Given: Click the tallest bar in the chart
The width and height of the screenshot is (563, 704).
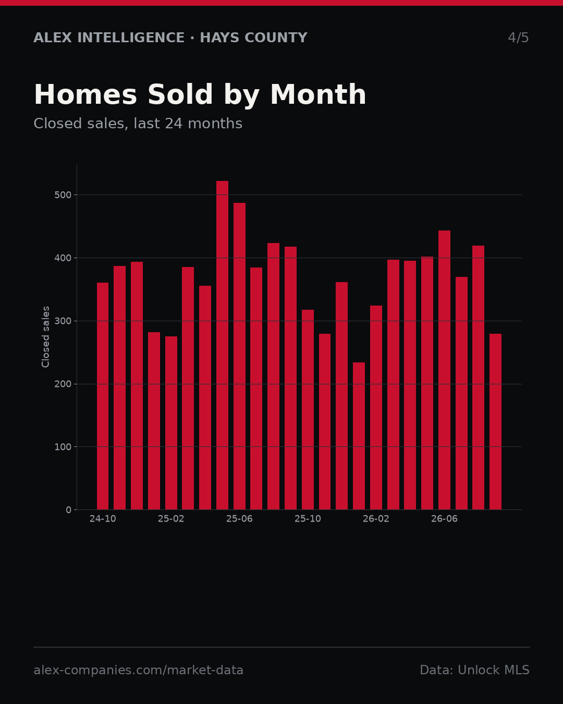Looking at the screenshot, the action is click(222, 345).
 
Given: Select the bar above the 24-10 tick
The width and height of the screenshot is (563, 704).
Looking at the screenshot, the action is click(102, 396).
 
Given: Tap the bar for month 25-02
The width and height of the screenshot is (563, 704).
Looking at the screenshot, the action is click(171, 423).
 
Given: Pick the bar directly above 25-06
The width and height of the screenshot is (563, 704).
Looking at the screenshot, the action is click(239, 356).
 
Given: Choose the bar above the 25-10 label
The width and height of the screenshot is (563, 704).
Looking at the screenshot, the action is click(308, 409).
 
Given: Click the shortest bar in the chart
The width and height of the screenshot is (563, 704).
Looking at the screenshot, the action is click(359, 436).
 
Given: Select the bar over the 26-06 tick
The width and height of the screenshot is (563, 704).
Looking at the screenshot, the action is click(444, 370).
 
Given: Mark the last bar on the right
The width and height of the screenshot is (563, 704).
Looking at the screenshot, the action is click(495, 422).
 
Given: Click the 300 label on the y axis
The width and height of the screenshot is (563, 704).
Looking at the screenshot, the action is click(63, 321).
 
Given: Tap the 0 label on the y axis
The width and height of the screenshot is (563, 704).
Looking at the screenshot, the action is click(68, 510).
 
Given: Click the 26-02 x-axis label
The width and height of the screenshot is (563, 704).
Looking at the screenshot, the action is click(376, 519).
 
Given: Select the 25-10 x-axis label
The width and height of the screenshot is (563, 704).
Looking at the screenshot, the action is click(308, 519).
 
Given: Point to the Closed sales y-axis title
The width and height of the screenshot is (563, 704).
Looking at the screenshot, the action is click(45, 337).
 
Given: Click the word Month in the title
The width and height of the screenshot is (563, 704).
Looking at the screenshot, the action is click(318, 94).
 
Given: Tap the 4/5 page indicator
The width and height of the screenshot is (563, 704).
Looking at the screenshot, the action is click(518, 38).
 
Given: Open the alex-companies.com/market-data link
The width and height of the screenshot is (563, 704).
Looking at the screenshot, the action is click(138, 670).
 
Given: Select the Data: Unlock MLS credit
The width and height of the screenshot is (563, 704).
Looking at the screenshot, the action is click(474, 670).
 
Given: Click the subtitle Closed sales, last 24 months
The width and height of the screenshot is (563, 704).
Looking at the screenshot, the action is click(138, 124).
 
